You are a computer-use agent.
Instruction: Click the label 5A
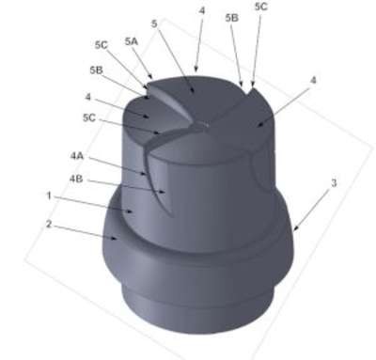coord(132,41)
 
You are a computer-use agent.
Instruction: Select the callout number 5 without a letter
coord(154,23)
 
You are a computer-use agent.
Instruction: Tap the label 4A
coord(77,156)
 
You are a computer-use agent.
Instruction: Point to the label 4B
coord(76,179)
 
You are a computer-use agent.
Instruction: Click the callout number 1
coord(49,196)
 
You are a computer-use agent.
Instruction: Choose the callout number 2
coord(48,225)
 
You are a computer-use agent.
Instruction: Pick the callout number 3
coord(334,183)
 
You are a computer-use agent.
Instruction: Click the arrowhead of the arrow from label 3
coord(294,230)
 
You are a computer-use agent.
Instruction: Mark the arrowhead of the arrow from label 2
coord(116,239)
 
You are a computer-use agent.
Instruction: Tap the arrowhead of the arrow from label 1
coord(133,211)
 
